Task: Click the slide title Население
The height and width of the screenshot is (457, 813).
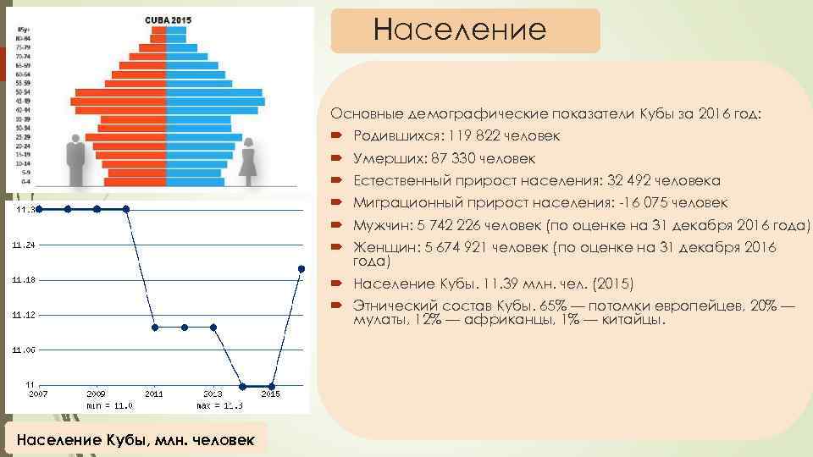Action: [x=460, y=30]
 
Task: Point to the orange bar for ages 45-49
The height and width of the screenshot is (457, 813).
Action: [x=119, y=101]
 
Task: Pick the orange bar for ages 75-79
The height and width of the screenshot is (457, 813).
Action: [x=153, y=47]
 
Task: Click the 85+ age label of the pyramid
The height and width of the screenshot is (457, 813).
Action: [x=23, y=30]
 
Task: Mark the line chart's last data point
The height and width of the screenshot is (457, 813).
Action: [x=301, y=268]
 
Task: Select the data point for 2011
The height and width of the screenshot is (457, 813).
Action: [x=155, y=327]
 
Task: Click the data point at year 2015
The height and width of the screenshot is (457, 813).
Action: [x=271, y=386]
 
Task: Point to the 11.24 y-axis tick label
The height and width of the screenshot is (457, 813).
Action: [x=24, y=245]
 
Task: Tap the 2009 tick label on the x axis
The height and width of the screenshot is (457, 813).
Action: [x=97, y=394]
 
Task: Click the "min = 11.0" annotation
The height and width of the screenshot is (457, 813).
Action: [x=110, y=405]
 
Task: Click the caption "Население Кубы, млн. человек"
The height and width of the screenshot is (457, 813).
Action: [x=135, y=439]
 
